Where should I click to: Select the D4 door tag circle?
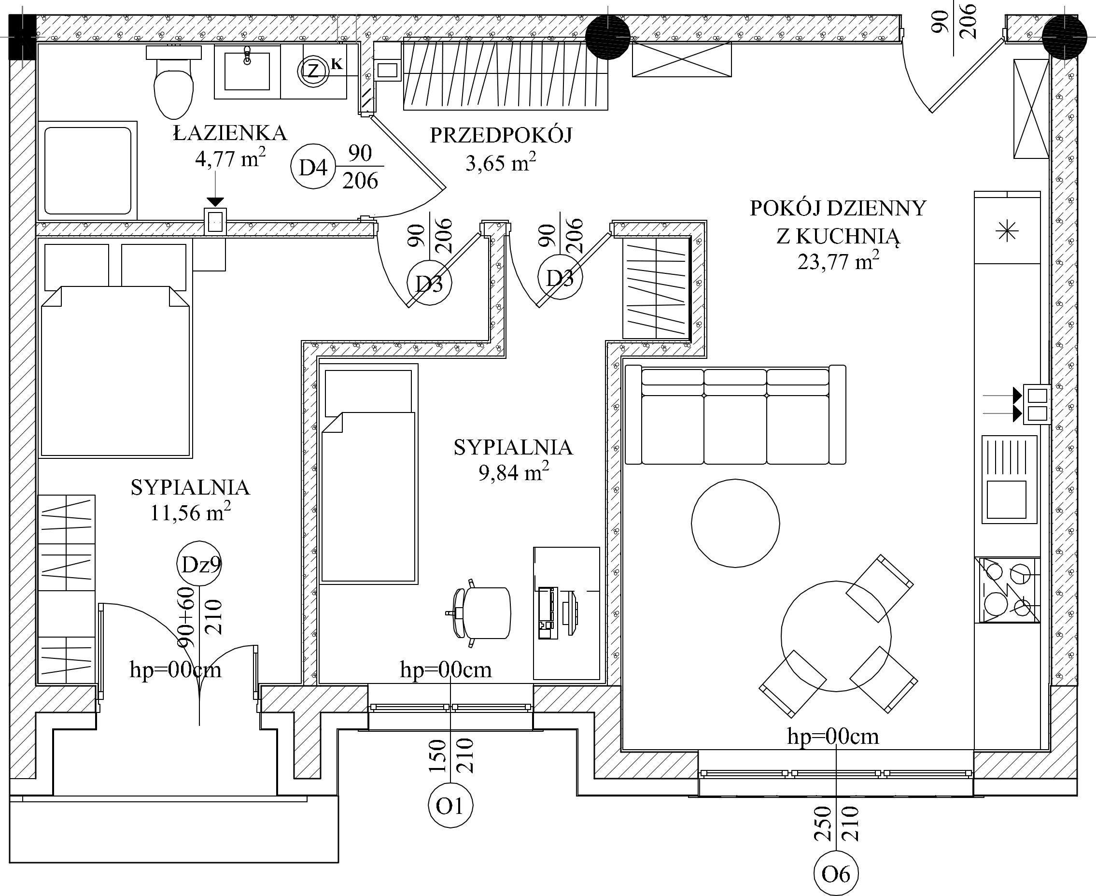[x=313, y=167]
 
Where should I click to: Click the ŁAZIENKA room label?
[x=230, y=134]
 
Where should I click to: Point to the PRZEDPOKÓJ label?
[x=501, y=136]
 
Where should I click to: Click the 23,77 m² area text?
[x=838, y=262]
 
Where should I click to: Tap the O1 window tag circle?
[x=450, y=806]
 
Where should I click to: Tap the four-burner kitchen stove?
[x=1007, y=590]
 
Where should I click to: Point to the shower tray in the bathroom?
[x=88, y=171]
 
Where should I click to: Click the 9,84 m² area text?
[x=513, y=472]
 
